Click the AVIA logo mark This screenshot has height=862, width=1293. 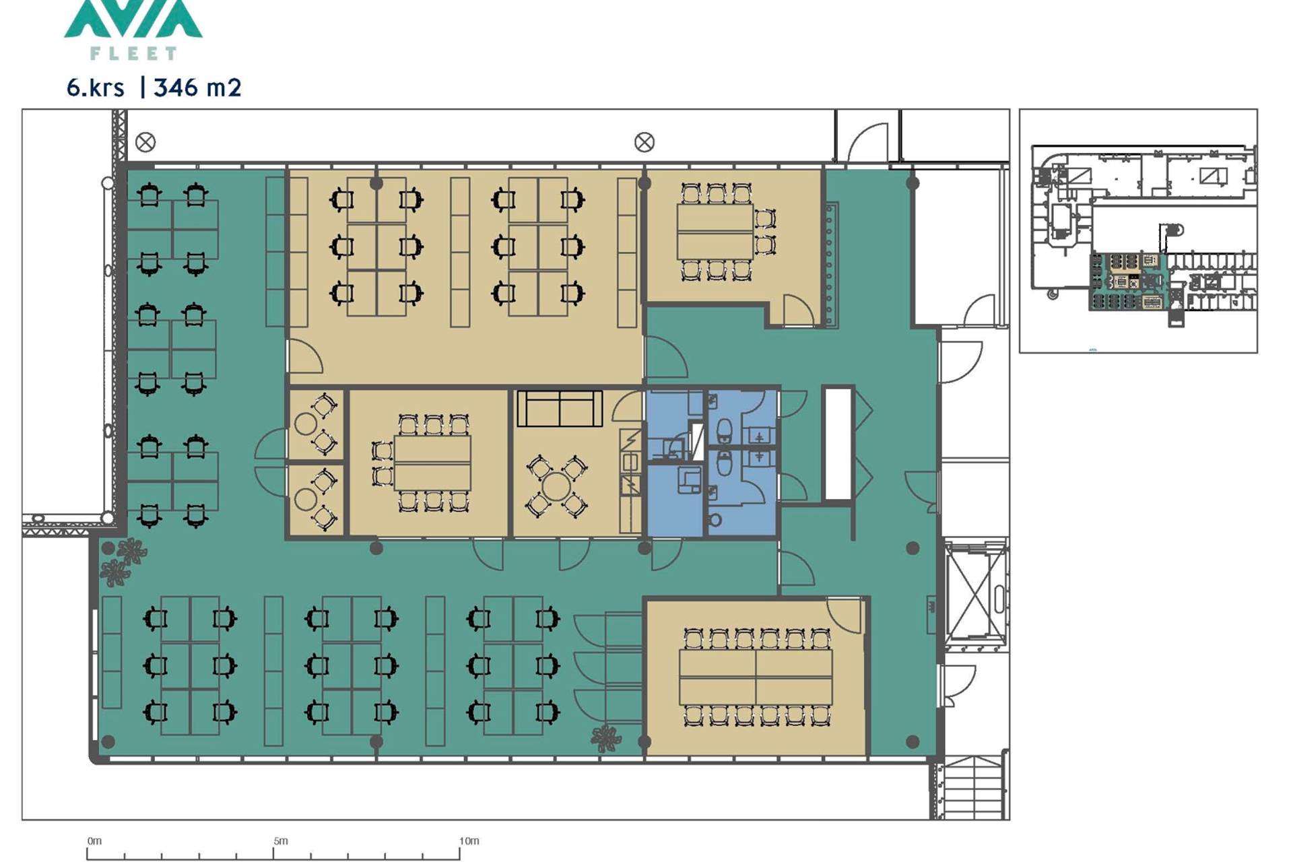click(133, 19)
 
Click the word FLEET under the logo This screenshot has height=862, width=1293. click(133, 53)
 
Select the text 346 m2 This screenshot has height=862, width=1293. click(197, 88)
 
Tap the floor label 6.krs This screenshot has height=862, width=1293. click(96, 88)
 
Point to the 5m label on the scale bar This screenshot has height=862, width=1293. click(281, 841)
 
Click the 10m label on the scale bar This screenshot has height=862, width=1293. click(469, 841)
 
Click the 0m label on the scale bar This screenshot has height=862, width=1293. click(95, 841)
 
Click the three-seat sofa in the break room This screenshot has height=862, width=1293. click(560, 409)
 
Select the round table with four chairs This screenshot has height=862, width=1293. click(556, 486)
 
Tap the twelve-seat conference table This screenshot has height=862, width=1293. click(756, 677)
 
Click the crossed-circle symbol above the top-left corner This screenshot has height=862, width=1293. click(145, 142)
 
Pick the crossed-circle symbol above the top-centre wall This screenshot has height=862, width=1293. click(644, 142)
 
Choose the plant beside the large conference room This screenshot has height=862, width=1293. click(606, 738)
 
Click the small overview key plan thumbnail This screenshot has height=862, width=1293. click(1138, 231)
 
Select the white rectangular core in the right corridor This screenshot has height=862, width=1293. click(838, 444)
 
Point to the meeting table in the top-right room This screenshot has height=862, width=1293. click(715, 231)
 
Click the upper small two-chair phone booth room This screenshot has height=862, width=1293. click(317, 425)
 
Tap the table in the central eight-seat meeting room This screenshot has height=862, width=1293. click(432, 463)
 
